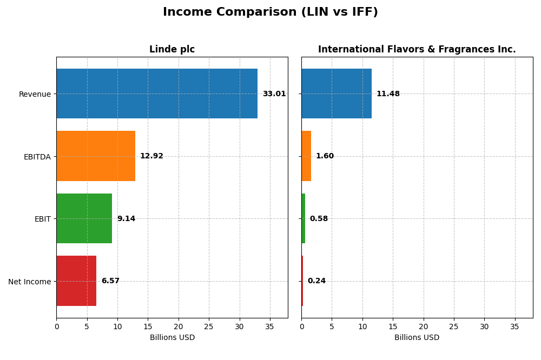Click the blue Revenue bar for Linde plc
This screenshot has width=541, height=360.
click(157, 94)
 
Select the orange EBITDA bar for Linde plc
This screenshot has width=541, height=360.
click(96, 156)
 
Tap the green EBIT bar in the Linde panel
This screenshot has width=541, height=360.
click(84, 218)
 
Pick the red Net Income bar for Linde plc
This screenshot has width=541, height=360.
click(76, 281)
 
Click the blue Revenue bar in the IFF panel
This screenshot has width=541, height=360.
click(337, 94)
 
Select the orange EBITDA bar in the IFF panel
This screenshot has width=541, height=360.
click(306, 156)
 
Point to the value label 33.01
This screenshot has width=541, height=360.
click(274, 94)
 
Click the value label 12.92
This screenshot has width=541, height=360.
click(151, 156)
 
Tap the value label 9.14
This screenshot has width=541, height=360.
click(126, 219)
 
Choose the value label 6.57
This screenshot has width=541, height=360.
click(110, 281)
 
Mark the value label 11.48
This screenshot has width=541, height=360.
click(388, 94)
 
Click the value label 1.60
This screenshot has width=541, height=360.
click(325, 156)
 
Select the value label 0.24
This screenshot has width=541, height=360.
click(316, 281)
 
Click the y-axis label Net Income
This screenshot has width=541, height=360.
click(30, 282)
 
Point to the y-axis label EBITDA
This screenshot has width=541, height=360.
click(37, 157)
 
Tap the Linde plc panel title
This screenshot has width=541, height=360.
click(172, 50)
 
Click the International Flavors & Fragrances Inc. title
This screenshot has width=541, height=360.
click(417, 50)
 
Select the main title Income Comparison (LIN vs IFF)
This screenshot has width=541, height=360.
click(270, 12)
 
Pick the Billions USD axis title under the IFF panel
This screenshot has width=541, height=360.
click(417, 338)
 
